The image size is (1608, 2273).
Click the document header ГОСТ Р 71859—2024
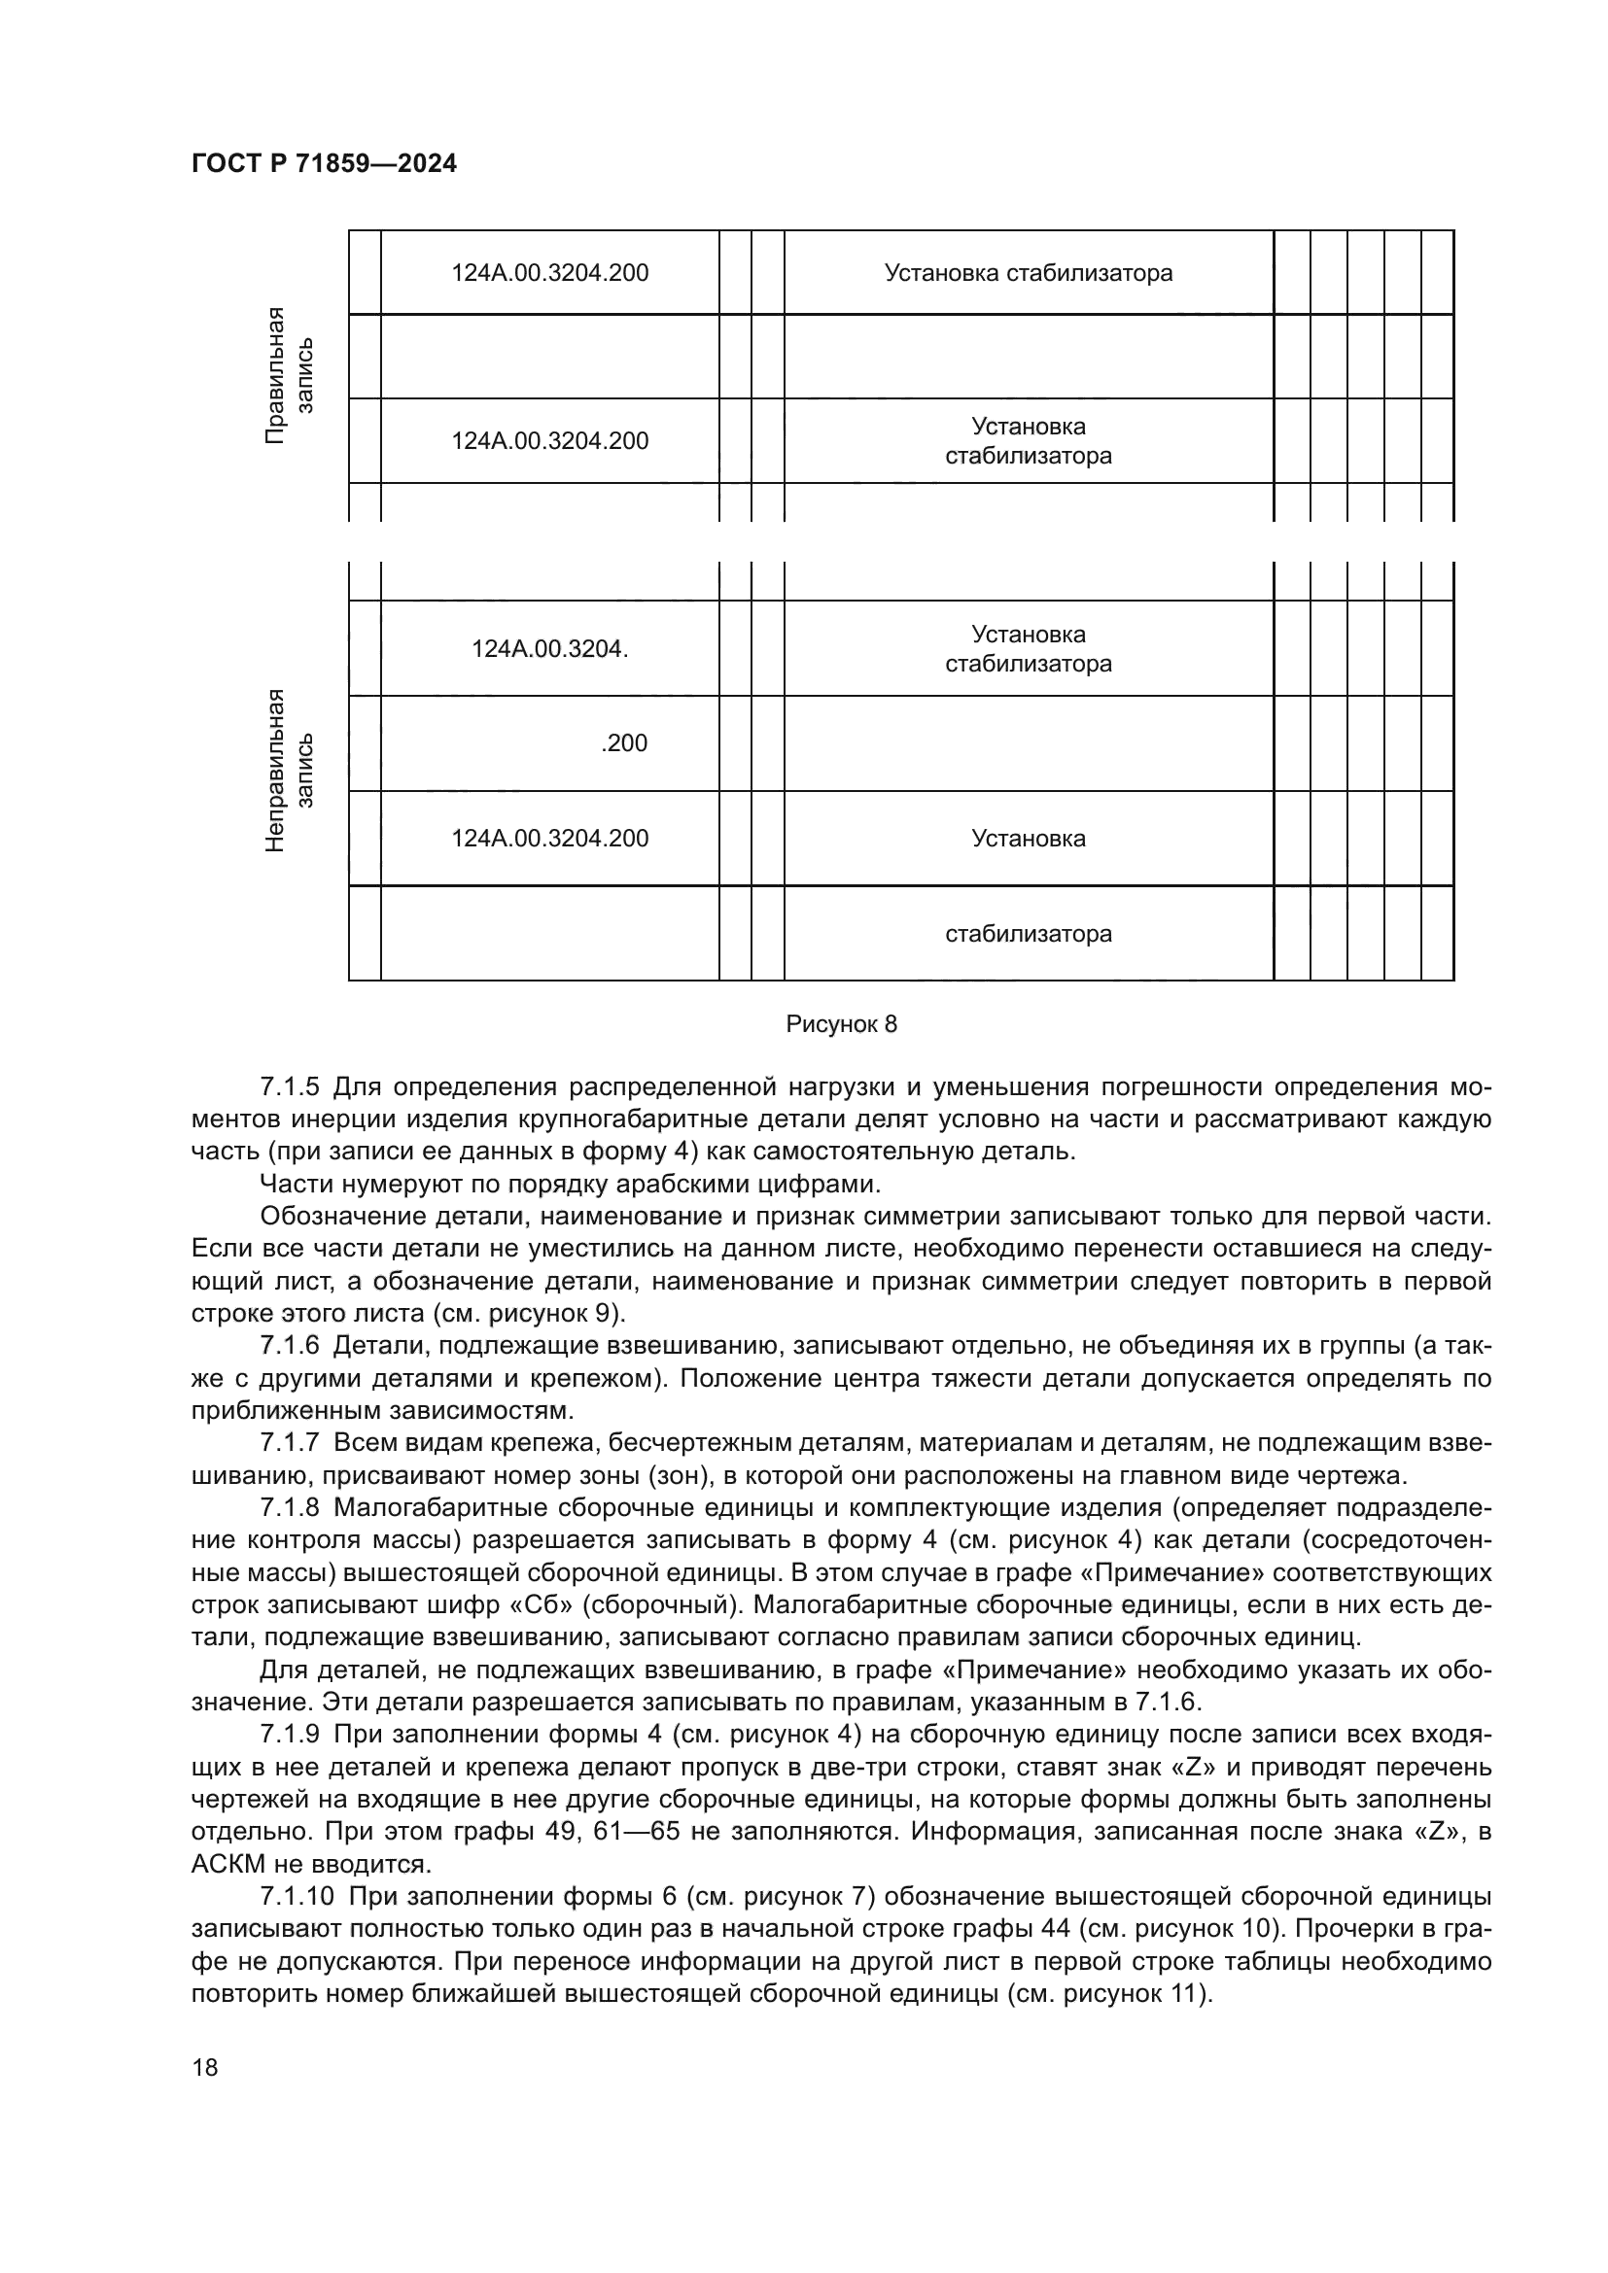[x=324, y=164]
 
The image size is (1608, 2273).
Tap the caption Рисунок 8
[x=841, y=1024]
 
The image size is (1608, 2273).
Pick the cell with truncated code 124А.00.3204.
[x=549, y=649]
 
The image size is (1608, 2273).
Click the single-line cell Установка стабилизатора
[x=1028, y=273]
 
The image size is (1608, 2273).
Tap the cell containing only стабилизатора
[x=1028, y=934]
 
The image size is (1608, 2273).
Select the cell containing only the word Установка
[x=1028, y=839]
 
